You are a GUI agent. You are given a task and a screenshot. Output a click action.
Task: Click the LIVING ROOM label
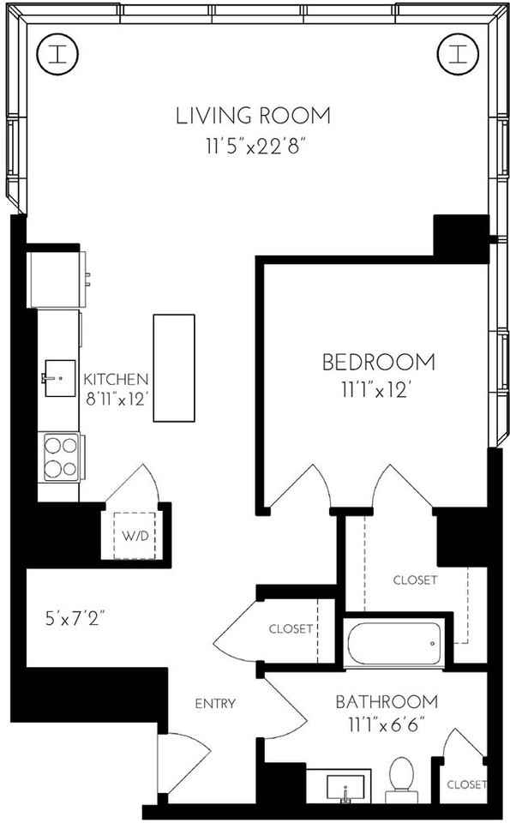pos(253,116)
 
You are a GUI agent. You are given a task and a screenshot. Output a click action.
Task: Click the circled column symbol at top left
pos(58,55)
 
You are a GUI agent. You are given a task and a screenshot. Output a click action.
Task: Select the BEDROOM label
pos(378,363)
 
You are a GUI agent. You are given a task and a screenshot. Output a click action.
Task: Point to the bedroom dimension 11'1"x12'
pos(378,390)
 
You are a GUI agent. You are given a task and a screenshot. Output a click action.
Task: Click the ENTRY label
pos(215,704)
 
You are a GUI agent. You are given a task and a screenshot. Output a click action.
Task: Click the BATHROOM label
pos(386,702)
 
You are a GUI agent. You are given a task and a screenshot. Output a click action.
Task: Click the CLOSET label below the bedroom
pos(415,580)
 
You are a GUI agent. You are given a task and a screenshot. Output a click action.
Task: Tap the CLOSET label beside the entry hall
pos(290,628)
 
